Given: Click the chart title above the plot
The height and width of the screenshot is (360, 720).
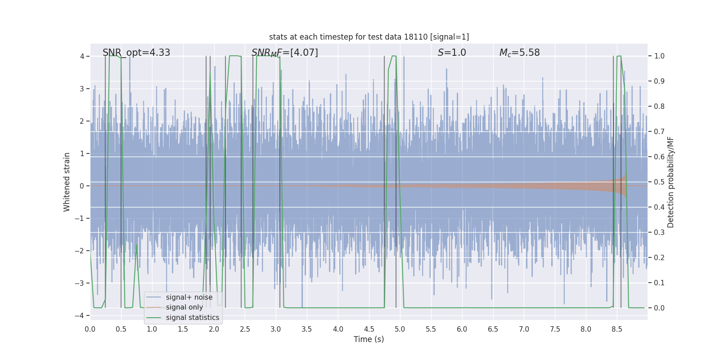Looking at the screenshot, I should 369,37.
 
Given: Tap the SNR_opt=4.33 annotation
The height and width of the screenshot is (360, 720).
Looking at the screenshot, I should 136,53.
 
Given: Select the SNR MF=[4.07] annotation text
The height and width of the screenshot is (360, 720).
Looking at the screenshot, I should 284,53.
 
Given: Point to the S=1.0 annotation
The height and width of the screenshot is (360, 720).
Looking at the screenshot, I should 452,53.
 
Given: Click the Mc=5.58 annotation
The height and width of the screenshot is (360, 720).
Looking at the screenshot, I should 519,53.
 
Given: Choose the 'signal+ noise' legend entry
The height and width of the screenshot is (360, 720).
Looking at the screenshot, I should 189,297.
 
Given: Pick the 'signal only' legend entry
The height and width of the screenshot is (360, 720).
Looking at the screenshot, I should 184,307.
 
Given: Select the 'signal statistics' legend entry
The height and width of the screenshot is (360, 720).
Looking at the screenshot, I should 192,318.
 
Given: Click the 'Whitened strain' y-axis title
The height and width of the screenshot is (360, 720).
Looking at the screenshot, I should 67,182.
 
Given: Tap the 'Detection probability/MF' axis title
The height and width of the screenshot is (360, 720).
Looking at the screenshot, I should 670,182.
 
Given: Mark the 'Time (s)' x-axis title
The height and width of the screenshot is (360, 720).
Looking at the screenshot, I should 369,339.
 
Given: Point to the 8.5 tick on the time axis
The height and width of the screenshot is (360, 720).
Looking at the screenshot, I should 616,329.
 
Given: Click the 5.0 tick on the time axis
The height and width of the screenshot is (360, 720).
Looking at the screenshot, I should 400,329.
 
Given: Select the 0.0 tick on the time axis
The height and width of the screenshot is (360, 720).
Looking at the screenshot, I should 90,329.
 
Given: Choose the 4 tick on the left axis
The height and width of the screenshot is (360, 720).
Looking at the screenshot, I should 82,56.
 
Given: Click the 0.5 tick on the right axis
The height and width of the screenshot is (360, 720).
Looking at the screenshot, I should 659,182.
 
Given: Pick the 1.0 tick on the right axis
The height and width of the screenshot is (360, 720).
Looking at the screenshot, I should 659,56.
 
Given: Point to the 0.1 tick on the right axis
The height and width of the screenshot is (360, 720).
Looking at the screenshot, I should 659,283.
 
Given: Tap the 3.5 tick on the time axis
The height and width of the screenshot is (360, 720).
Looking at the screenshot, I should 307,329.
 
